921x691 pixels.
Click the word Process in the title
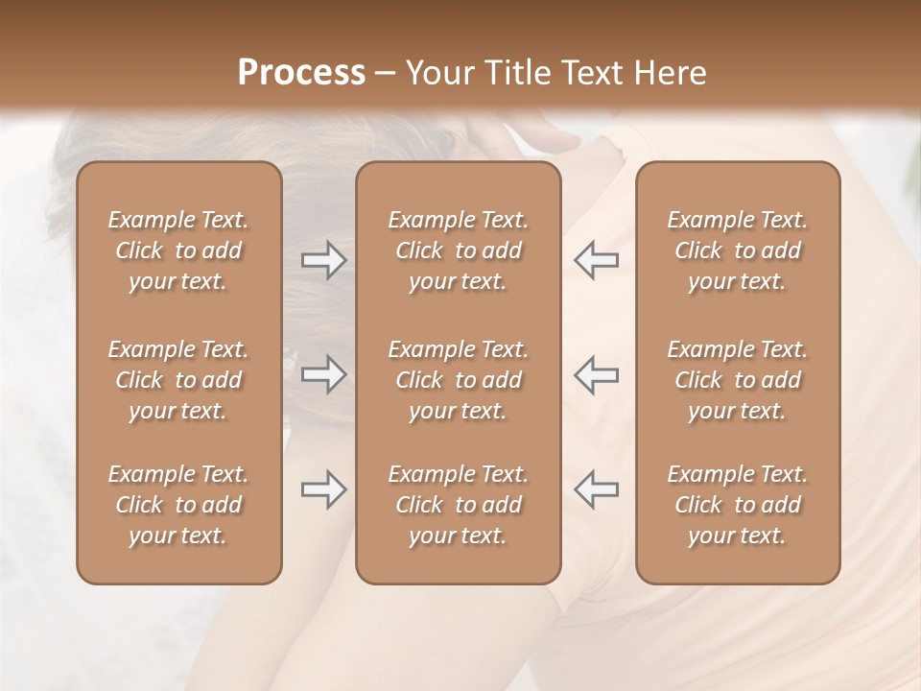pyautogui.click(x=301, y=73)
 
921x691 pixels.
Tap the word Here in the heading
pyautogui.click(x=669, y=73)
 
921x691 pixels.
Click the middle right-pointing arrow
pyautogui.click(x=323, y=375)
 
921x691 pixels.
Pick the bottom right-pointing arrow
pyautogui.click(x=323, y=489)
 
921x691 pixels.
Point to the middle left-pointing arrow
pyautogui.click(x=597, y=375)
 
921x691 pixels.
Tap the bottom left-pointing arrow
pyautogui.click(x=597, y=489)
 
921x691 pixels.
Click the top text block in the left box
pyautogui.click(x=178, y=250)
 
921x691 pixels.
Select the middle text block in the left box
pyautogui.click(x=178, y=380)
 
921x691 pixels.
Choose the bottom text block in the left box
pyautogui.click(x=178, y=505)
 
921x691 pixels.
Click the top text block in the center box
pyautogui.click(x=458, y=250)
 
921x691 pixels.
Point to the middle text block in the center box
pyautogui.click(x=458, y=380)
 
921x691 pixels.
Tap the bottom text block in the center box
pyautogui.click(x=458, y=505)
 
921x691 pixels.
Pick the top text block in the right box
pyautogui.click(x=737, y=250)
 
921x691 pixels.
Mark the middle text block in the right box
pyautogui.click(x=737, y=380)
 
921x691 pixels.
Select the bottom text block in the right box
pyautogui.click(x=737, y=505)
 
